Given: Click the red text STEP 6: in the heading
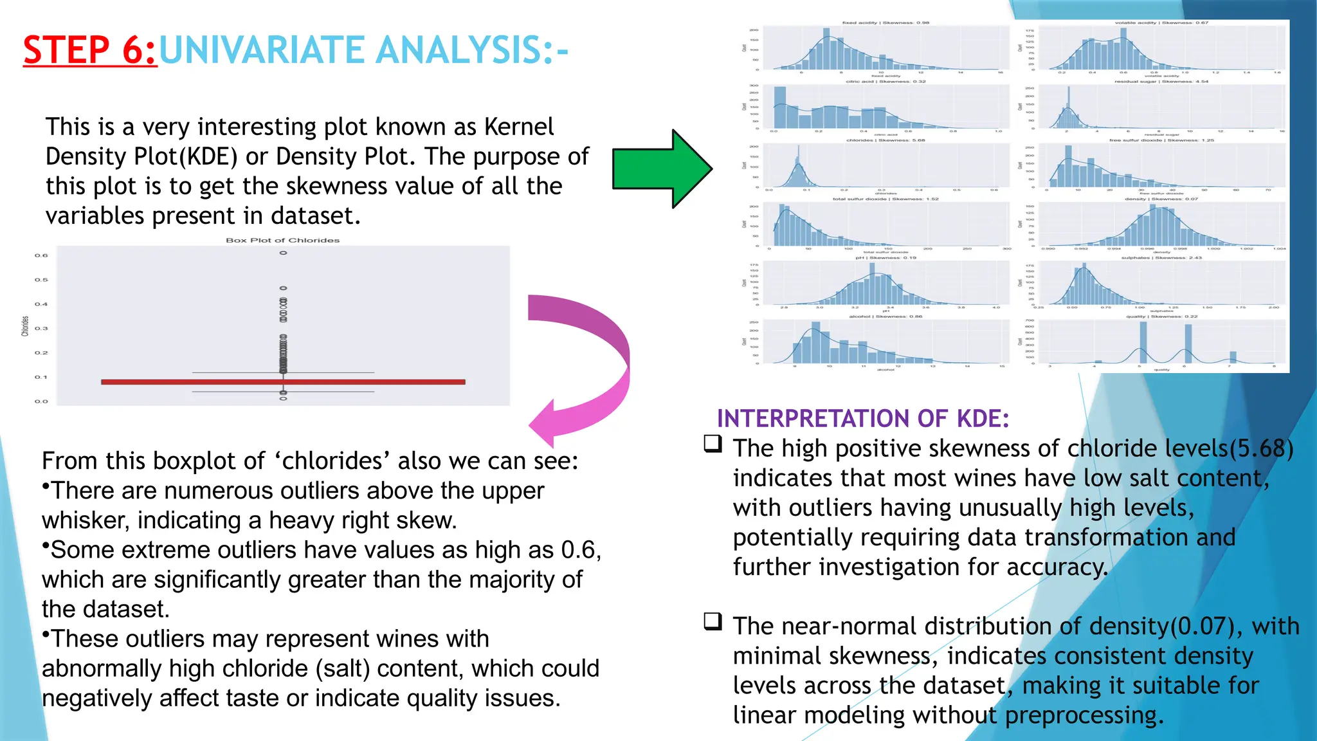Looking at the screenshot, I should [89, 50].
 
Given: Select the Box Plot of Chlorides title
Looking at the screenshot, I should [282, 240].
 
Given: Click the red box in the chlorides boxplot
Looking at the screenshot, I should [283, 382].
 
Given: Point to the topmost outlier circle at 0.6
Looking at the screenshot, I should [283, 253].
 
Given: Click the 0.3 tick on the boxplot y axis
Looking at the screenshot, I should [41, 329].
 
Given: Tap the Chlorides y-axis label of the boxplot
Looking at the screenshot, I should [25, 326].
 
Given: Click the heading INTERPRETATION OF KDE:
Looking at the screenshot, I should [862, 419].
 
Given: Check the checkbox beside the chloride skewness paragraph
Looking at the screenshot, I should [713, 444].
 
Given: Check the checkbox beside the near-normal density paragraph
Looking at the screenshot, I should [713, 621].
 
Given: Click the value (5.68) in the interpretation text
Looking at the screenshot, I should [1260, 448].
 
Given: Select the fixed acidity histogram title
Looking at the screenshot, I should [886, 23].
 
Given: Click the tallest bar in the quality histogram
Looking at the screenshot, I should [1143, 343].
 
